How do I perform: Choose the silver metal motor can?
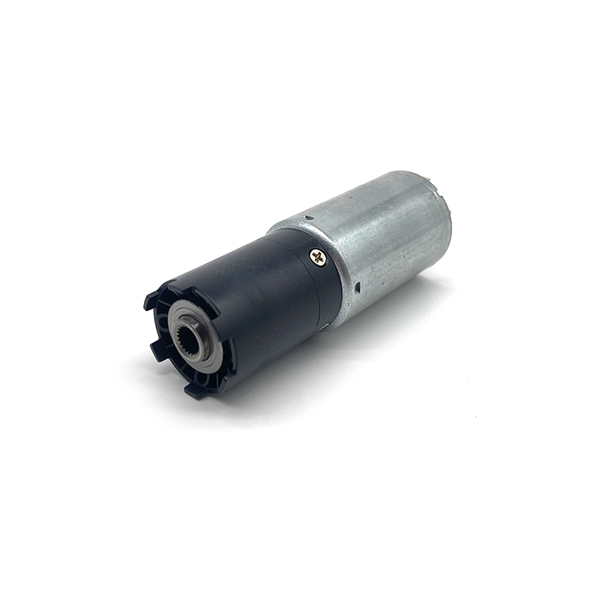(384, 236)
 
